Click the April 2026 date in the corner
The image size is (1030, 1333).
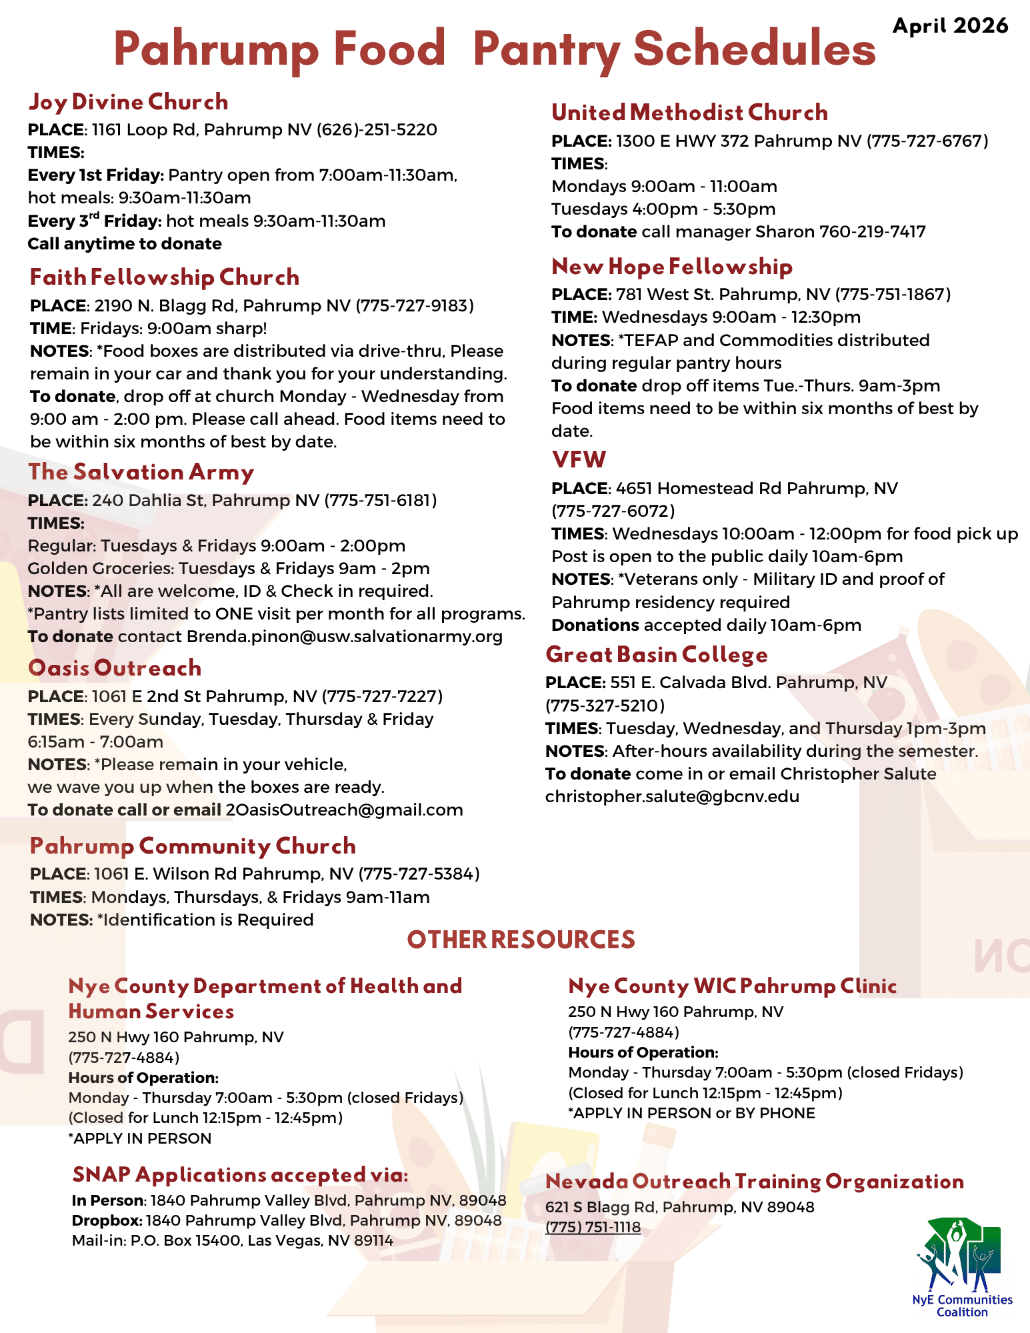950,26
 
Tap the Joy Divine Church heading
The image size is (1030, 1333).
128,102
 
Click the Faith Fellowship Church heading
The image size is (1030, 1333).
165,277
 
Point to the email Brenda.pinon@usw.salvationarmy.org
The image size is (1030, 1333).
344,636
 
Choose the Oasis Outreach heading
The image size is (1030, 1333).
115,668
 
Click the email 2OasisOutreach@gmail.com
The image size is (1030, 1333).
344,810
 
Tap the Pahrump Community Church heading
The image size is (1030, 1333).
193,846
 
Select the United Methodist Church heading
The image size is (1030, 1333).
689,113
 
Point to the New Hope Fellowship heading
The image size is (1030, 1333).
672,267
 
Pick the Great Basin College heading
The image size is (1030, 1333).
656,655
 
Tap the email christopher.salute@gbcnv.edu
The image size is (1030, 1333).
672,796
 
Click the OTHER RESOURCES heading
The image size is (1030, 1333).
521,940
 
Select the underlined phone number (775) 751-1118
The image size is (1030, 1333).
593,1227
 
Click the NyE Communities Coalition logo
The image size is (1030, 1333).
961,1267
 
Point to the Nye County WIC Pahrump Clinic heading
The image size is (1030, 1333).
732,986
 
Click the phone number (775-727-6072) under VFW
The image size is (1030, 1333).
613,511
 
